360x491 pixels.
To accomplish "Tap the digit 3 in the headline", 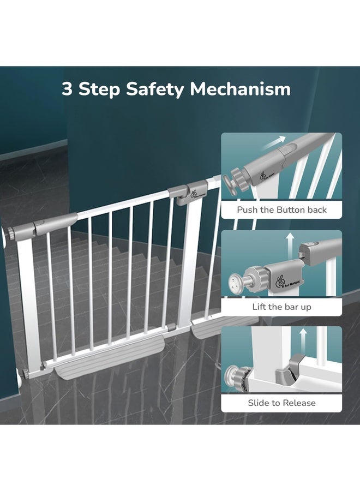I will (x=67, y=89).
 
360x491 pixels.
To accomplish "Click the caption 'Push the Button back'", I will (x=281, y=209).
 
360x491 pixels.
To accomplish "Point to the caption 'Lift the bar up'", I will (x=281, y=307).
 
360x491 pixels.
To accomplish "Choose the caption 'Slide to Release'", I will (x=281, y=403).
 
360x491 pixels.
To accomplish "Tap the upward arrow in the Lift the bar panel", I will (x=290, y=241).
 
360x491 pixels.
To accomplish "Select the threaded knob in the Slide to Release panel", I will (x=233, y=379).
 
